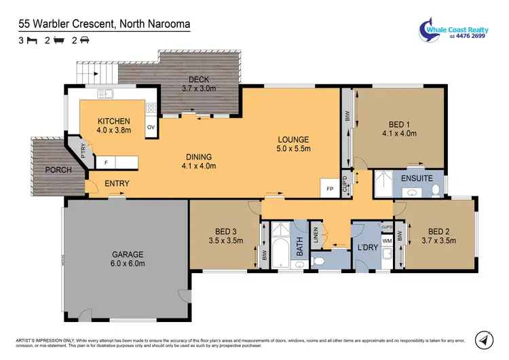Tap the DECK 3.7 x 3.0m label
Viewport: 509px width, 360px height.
coord(198,84)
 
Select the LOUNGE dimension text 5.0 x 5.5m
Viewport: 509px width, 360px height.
coord(293,148)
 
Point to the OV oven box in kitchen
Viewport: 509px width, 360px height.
coord(151,127)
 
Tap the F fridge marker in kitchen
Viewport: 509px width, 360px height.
coord(106,162)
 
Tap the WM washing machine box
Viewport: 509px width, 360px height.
coord(388,240)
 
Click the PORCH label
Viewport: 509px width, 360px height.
coord(58,170)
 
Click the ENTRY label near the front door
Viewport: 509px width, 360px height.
coord(117,183)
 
